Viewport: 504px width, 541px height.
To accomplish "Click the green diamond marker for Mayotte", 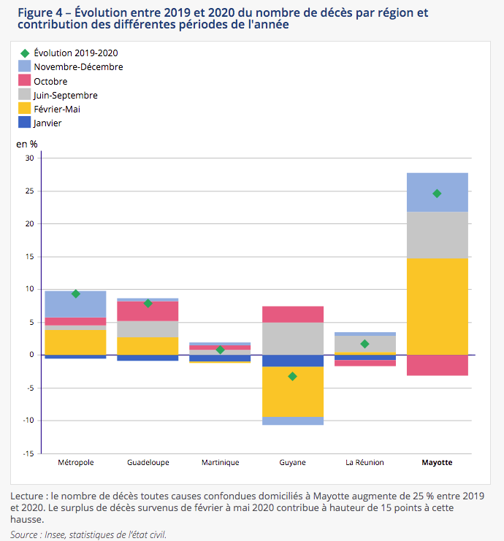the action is [437, 193].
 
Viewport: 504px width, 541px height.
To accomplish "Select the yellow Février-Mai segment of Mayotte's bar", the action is [438, 307].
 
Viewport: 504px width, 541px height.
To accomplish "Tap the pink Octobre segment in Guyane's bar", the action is [293, 315].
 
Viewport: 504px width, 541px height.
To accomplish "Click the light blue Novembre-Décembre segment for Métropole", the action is [76, 304].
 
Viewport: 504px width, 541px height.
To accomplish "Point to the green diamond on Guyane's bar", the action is [292, 377].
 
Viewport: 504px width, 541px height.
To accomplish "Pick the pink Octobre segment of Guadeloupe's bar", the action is [148, 311].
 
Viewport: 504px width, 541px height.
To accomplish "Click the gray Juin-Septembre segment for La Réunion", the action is [365, 344].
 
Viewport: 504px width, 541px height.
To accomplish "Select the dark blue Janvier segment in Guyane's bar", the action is [293, 361].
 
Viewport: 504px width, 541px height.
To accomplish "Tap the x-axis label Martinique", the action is [221, 462].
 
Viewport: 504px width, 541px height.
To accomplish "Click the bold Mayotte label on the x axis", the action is [437, 462].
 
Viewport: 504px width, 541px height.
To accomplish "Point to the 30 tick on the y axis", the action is [30, 158].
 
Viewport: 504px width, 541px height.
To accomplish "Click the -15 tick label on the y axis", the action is [28, 453].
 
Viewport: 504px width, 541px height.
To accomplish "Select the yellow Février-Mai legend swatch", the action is [25, 108].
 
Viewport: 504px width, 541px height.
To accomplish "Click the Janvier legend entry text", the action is [47, 123].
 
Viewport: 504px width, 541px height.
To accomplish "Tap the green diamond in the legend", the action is [25, 53].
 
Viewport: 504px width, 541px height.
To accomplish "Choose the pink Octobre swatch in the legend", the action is [25, 80].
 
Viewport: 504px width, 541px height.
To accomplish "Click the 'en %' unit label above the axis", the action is [27, 144].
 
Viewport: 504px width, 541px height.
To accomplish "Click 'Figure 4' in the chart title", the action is [40, 12].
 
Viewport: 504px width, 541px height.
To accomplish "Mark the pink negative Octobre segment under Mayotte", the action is [438, 365].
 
